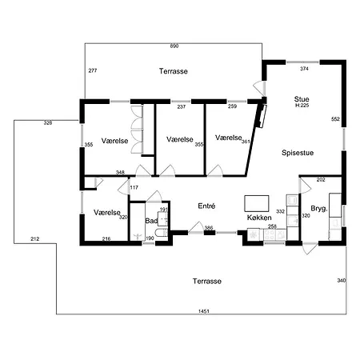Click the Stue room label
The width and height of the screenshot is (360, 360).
pos(302,99)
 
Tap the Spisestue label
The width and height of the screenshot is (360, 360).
pos(298,153)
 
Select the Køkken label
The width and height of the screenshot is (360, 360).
pos(259,218)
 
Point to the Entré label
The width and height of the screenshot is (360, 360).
pos(206,206)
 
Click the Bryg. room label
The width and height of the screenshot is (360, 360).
pos(319,209)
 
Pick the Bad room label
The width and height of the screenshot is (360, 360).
pos(151,221)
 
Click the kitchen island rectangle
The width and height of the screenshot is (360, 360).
pos(257,203)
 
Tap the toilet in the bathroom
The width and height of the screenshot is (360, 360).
pos(162,233)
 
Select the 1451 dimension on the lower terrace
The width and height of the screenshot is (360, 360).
pos(204,311)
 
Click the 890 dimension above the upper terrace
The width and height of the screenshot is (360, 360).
pos(174,46)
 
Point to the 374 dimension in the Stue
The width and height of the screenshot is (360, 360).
pos(304,69)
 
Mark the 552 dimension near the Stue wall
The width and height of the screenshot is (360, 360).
pos(335,119)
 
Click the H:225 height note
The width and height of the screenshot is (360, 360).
pos(302,106)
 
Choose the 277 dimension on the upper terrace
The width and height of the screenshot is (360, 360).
pos(93,70)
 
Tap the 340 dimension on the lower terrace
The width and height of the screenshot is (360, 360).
pos(342,281)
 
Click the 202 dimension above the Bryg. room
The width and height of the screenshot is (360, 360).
pos(321,180)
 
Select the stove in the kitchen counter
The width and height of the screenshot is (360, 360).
pos(270,234)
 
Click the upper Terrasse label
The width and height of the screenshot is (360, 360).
pos(174,71)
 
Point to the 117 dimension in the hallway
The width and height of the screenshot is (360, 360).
pos(134,187)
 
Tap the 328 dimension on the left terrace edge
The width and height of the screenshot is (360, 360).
pos(48,123)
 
